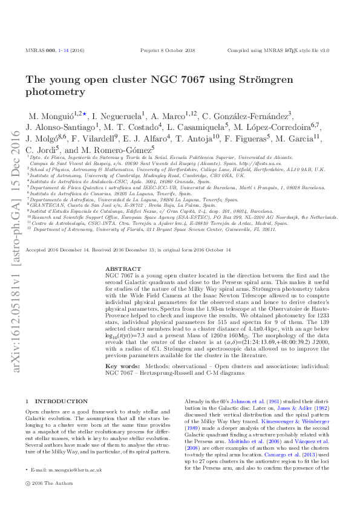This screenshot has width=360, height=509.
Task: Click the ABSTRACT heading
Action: [123, 268]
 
